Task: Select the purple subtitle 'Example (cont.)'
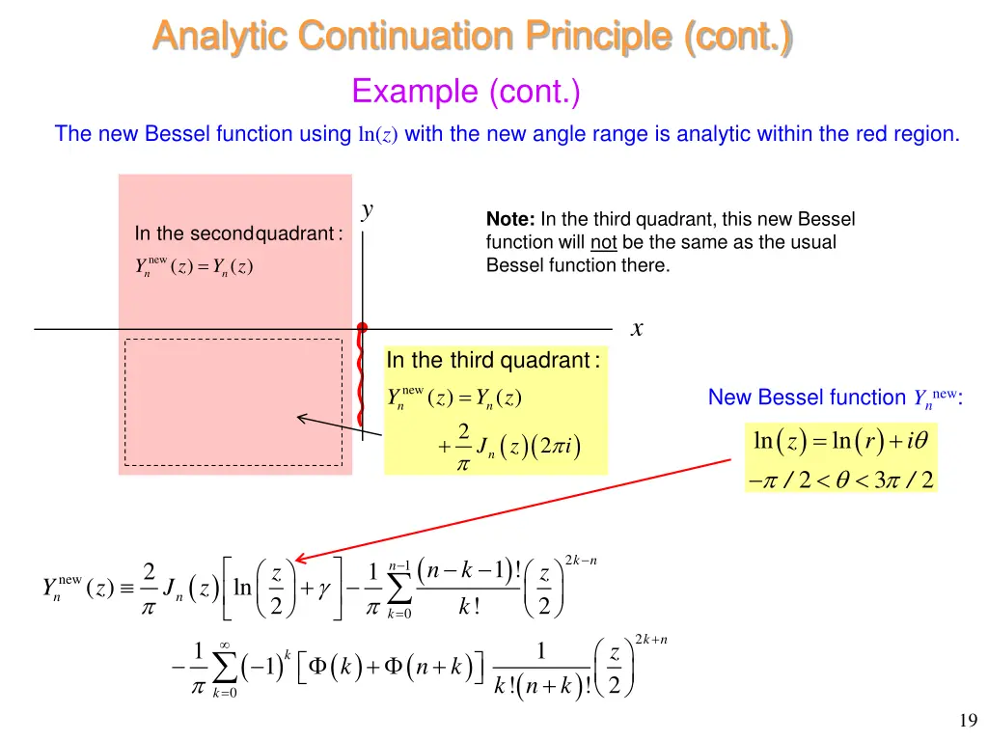(x=466, y=93)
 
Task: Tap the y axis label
(x=368, y=210)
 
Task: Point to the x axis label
(x=637, y=329)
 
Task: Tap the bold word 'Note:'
(x=511, y=220)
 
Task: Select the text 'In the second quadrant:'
(x=238, y=234)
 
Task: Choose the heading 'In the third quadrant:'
(x=493, y=361)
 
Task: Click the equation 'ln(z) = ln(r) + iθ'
(x=840, y=442)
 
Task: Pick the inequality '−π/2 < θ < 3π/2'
(x=840, y=479)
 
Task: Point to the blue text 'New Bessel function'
(x=807, y=398)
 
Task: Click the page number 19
(x=969, y=720)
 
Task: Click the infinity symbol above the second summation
(x=224, y=645)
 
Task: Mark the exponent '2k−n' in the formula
(x=581, y=561)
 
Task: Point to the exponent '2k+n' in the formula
(x=651, y=639)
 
